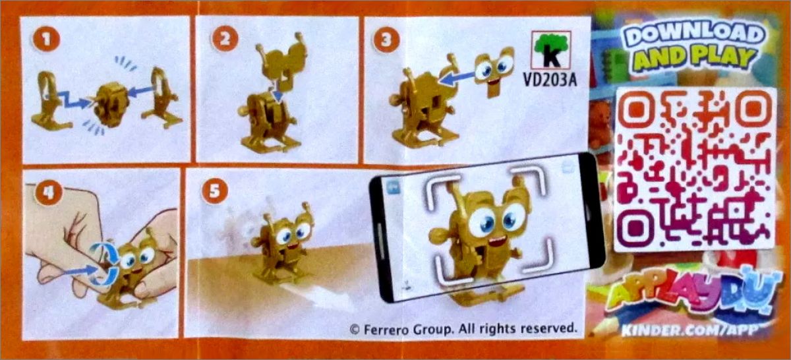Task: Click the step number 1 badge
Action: point(46,39)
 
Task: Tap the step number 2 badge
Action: point(225,38)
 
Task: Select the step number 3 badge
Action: point(386,39)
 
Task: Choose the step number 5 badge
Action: point(214,191)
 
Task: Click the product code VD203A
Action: point(550,80)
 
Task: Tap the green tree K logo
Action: point(551,50)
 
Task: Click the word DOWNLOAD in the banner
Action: point(695,35)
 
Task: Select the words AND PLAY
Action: point(695,58)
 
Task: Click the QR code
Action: point(695,169)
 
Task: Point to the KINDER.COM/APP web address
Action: point(690,330)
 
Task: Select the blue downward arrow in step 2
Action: point(278,91)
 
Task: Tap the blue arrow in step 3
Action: point(457,78)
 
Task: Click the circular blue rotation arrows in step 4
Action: point(104,263)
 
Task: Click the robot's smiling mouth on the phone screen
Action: point(498,241)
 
